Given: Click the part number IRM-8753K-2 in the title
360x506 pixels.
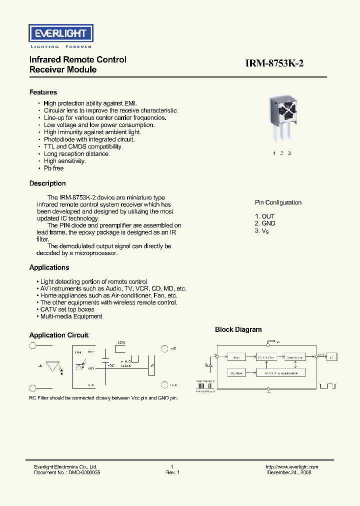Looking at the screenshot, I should coord(274,63).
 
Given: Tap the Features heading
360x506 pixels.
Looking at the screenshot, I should coord(43,92).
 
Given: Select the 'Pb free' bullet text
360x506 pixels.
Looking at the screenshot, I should coord(54,168).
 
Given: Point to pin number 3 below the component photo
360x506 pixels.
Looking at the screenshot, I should coord(289,153).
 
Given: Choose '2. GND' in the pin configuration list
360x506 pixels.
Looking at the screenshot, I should coord(265,223).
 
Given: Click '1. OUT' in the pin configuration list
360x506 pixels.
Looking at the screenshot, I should coord(264,216).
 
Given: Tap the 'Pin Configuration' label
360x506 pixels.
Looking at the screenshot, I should coord(278,202).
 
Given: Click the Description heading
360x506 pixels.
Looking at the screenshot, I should coord(47,183).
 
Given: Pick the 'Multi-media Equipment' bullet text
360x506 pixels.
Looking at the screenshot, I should coord(71,316).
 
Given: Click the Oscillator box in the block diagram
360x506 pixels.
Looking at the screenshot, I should coord(237,373).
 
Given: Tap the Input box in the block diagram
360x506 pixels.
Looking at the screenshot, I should coord(237,357).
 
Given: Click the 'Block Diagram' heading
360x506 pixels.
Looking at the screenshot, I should coord(238,329).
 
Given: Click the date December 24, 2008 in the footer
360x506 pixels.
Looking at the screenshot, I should coord(289,472).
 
